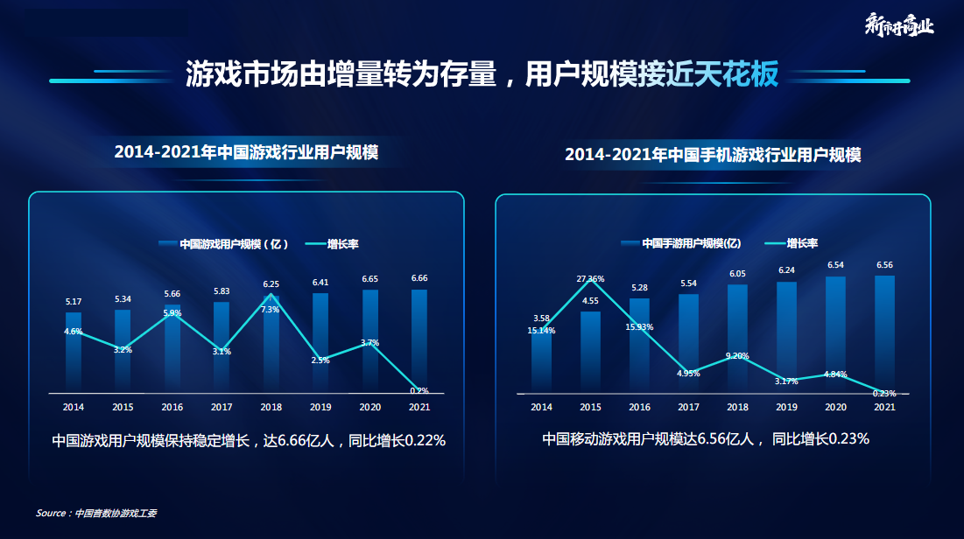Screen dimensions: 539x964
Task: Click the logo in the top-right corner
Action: tap(898, 24)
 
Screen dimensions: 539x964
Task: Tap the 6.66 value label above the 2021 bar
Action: tap(419, 278)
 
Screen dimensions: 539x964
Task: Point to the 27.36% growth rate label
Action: tap(590, 279)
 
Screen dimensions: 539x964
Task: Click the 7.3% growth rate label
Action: tap(271, 309)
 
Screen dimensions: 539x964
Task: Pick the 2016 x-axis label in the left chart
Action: tap(172, 407)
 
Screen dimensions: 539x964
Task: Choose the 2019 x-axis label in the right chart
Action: tap(786, 407)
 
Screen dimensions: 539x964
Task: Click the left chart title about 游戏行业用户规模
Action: tap(246, 152)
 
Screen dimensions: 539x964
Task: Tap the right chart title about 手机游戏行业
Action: tap(713, 155)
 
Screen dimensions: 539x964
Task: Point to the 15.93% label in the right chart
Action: tap(639, 327)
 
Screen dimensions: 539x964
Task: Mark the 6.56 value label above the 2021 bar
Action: tap(884, 265)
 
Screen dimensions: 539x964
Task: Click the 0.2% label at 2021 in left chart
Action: tap(419, 390)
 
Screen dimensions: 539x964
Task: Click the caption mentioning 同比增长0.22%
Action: tap(249, 441)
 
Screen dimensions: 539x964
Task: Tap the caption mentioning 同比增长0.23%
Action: tap(705, 439)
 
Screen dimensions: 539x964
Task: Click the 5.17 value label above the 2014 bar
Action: tap(74, 302)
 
